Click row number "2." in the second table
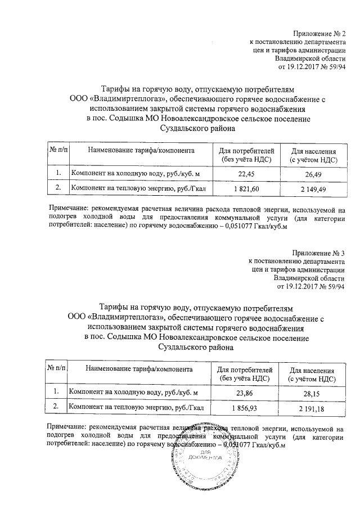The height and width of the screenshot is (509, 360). click(x=56, y=406)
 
